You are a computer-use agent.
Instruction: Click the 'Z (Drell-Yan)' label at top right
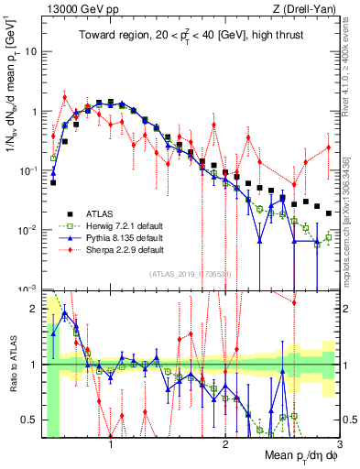pos(308,9)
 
